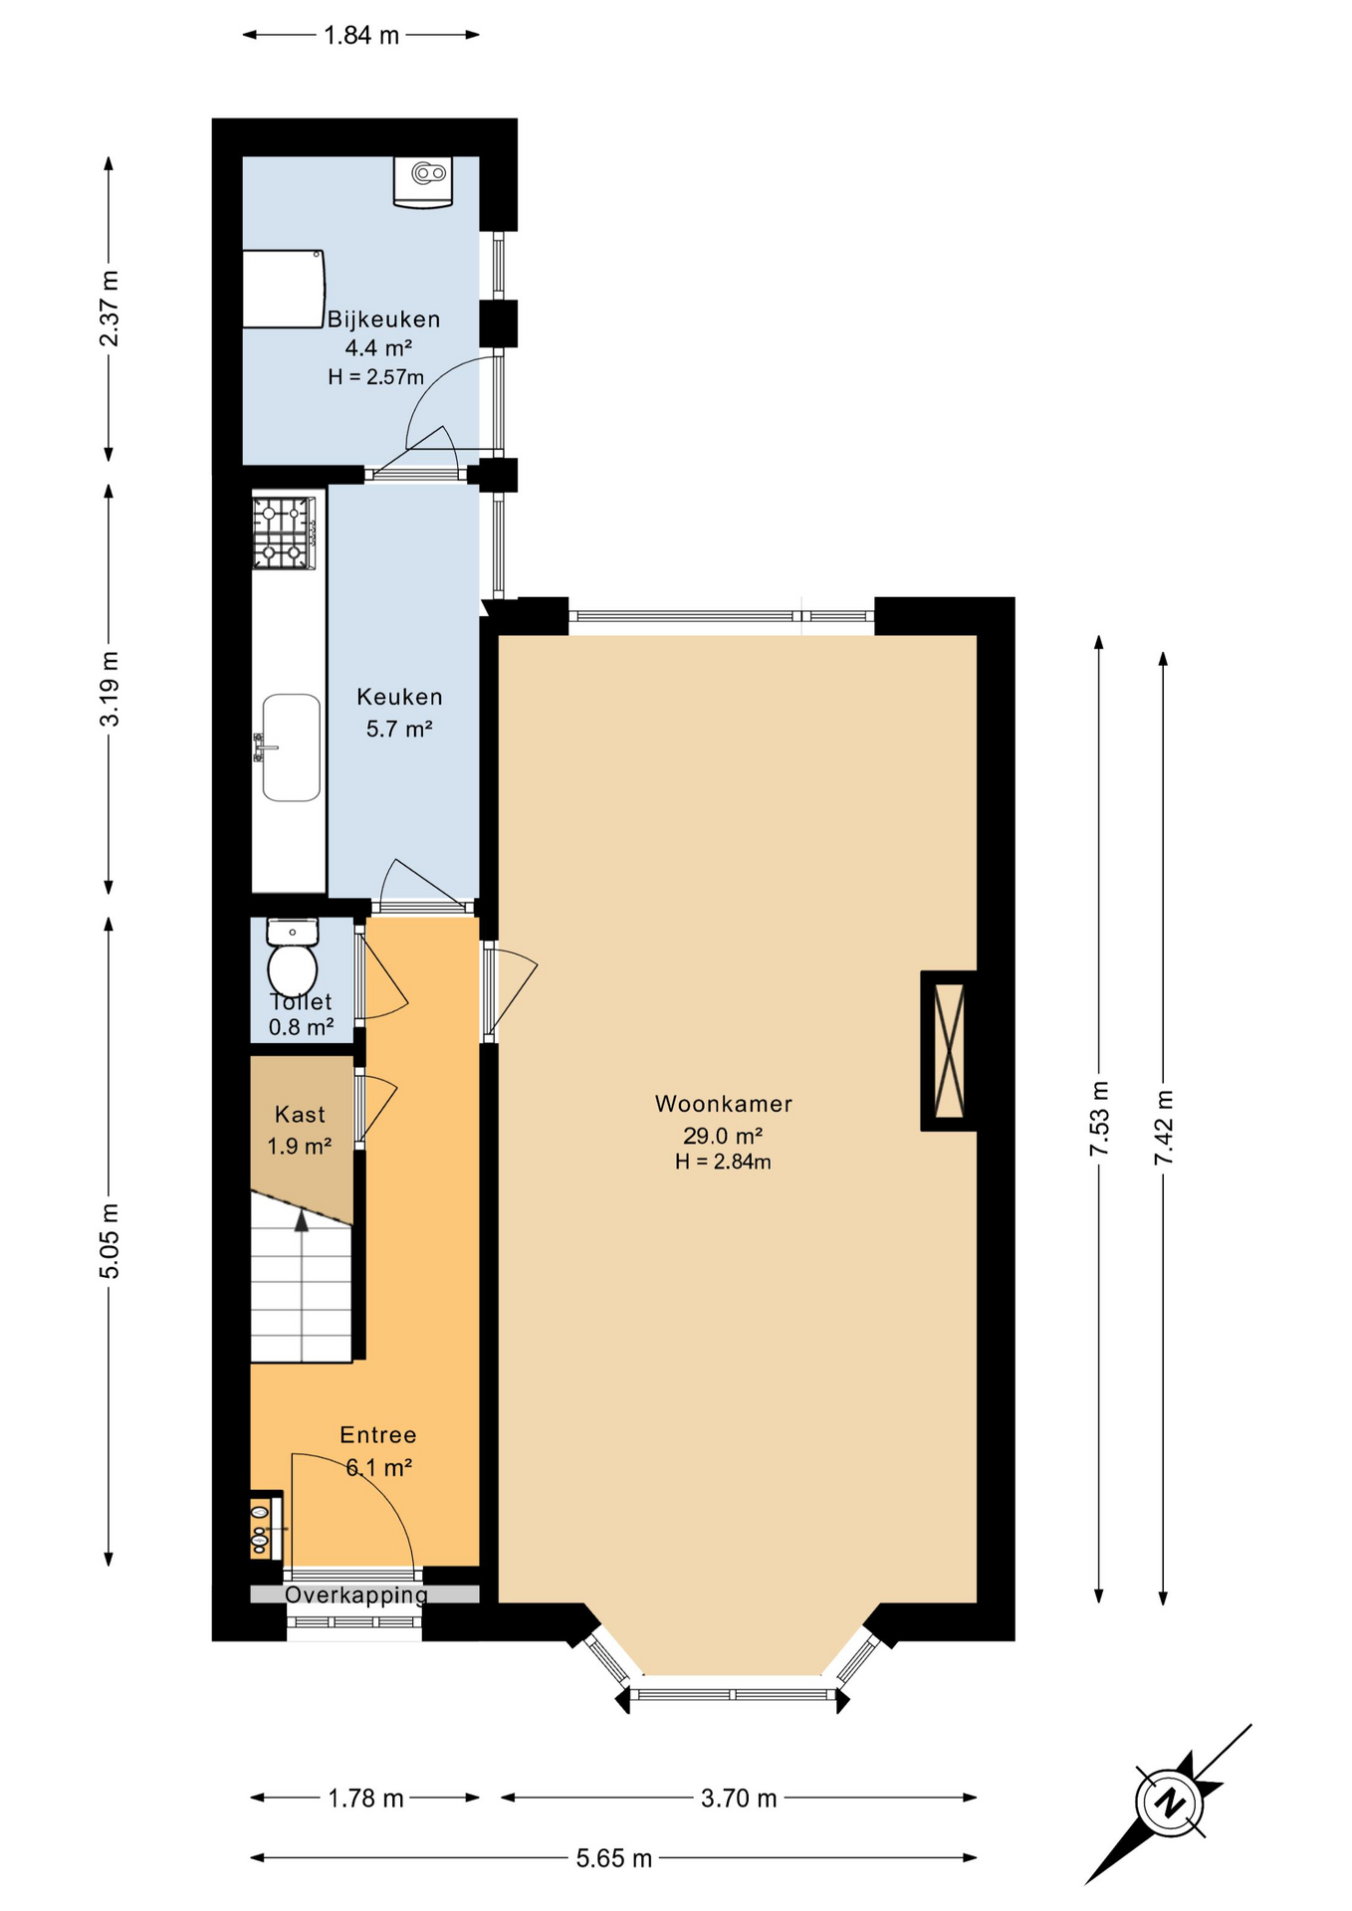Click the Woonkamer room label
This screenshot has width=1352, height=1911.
[x=723, y=1103]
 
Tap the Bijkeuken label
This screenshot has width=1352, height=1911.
[x=383, y=319]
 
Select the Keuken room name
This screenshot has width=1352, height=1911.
[x=399, y=697]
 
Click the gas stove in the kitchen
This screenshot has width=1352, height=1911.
[x=284, y=533]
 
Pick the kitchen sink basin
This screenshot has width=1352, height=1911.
[x=291, y=747]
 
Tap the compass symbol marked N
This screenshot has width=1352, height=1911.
[x=1169, y=1802]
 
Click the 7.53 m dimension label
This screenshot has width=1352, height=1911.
[x=1099, y=1118]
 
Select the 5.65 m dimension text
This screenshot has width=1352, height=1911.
[x=613, y=1858]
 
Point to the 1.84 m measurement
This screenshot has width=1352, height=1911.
[x=361, y=36]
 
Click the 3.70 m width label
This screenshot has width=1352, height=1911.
[x=738, y=1798]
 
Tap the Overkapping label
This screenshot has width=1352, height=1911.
[x=356, y=1594]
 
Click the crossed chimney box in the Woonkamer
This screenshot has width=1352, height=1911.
[x=950, y=1050]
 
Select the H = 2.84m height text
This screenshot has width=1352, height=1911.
[x=723, y=1162]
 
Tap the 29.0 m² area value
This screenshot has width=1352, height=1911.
[x=723, y=1135]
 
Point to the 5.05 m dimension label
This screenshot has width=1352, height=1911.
[x=110, y=1240]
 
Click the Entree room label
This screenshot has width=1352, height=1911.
[x=378, y=1434]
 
